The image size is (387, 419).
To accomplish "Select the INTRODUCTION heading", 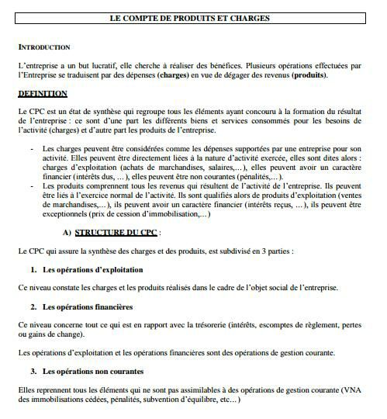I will pos(43,47).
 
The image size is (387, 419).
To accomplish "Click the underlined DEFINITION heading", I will pos(43,94).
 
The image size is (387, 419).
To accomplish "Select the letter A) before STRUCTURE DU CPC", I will pos(67,232).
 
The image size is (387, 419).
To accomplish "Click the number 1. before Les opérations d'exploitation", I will pos(34,269).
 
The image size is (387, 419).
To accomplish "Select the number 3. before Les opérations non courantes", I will pos(34,371).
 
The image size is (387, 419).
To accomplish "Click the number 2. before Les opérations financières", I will pos(34,306).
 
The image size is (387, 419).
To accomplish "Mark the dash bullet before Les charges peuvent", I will pos(32,149).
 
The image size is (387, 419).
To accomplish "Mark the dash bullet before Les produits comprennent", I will pos(32,186).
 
